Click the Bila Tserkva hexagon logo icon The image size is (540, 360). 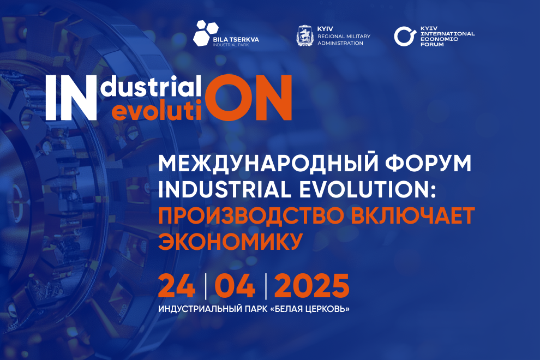tap(206, 33)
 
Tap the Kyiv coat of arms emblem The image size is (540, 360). tap(305, 35)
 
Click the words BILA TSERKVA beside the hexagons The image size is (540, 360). tap(236, 40)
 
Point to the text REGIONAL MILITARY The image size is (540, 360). tap(344, 36)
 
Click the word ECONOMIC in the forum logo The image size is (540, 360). tap(439, 39)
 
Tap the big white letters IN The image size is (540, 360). tap(71, 98)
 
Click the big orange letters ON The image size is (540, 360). tap(248, 98)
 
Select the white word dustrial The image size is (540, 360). tap(152, 86)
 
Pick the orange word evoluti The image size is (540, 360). tap(157, 110)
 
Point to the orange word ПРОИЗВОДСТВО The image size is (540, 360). tap(251, 215)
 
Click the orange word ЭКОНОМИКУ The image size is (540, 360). tap(230, 242)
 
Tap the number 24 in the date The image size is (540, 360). tap(177, 286)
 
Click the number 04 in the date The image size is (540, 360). tap(236, 286)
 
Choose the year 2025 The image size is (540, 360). tap(311, 286)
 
